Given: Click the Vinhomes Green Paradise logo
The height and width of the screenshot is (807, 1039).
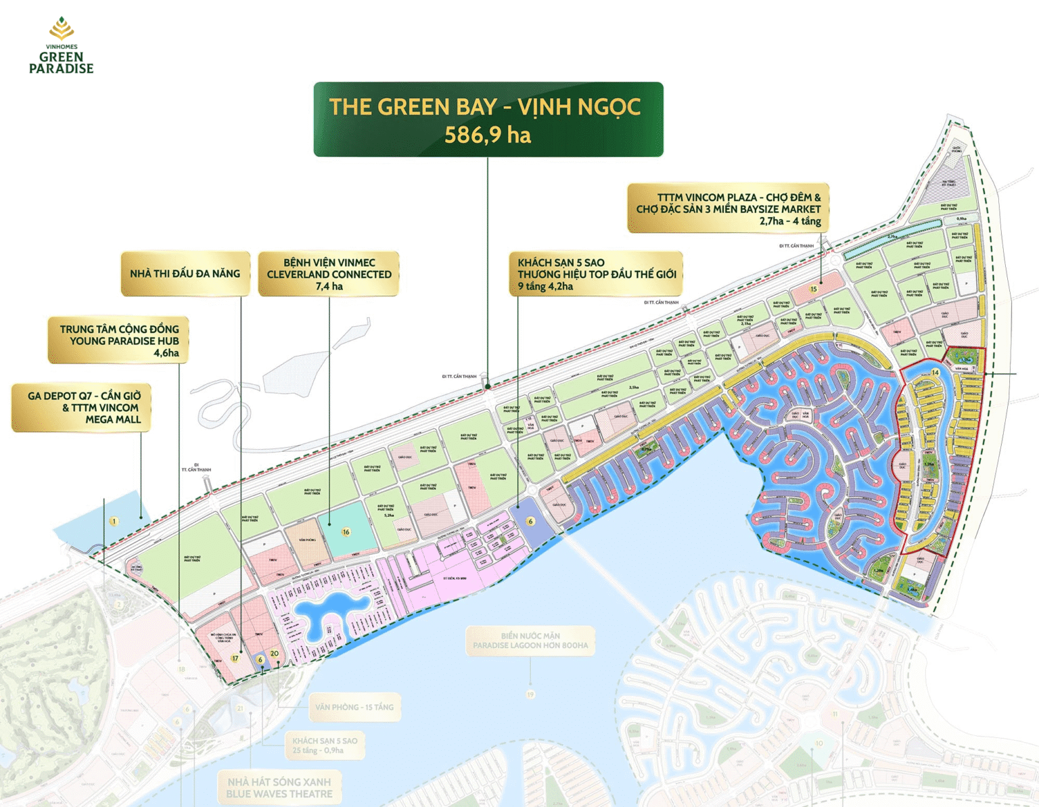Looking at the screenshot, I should click(61, 46).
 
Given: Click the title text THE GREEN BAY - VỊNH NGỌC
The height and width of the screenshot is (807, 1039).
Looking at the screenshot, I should click(484, 107).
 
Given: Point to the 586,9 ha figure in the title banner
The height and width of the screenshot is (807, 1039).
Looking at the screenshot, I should click(488, 135).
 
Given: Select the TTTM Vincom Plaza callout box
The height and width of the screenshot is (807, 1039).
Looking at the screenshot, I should click(728, 208).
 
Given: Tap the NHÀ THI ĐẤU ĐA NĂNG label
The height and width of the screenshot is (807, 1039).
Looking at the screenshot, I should click(185, 274).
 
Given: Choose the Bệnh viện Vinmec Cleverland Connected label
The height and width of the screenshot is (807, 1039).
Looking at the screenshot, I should click(329, 274).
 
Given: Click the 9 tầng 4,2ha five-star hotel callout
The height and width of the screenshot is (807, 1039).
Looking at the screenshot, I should click(595, 274).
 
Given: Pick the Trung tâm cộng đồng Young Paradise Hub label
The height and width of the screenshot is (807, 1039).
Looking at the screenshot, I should click(118, 340).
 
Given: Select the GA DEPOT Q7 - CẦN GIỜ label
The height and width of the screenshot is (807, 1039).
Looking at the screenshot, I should click(82, 407).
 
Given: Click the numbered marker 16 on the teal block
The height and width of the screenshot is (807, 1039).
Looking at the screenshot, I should click(346, 532).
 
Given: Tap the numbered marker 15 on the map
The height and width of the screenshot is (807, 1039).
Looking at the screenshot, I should click(814, 289).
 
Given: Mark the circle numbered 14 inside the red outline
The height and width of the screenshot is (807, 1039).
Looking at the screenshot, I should click(936, 373).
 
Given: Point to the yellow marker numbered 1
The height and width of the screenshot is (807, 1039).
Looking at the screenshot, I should click(114, 521).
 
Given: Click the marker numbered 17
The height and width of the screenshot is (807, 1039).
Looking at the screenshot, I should click(235, 658).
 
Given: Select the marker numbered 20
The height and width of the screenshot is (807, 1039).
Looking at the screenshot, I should click(274, 653).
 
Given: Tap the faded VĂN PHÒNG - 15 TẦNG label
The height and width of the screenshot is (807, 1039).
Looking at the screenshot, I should click(354, 707).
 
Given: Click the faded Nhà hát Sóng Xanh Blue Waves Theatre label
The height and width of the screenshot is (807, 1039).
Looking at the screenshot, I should click(279, 788).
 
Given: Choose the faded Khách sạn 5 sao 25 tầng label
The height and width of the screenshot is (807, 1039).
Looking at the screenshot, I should click(325, 745).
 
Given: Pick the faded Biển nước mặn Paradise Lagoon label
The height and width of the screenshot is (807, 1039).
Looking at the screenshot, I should click(530, 641).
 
